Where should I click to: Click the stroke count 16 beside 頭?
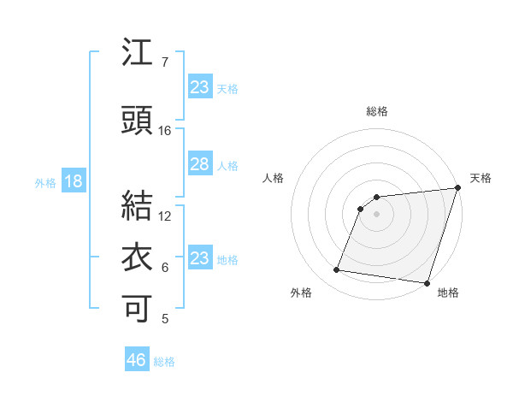pos(165,130)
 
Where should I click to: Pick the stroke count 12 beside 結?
pos(165,216)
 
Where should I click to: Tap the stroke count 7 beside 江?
pos(165,62)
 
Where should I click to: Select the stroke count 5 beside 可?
pos(165,318)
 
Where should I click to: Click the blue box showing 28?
pos(199,164)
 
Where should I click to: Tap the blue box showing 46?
pos(136,360)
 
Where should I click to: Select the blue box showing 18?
pos(73,181)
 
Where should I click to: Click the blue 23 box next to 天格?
pos(199,86)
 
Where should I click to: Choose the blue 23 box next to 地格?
pos(199,257)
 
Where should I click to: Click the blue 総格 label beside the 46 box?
pos(164,362)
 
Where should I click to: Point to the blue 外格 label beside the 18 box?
pos(44,182)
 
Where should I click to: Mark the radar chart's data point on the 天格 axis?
pos(458,189)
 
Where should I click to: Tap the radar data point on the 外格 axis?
pos(337,270)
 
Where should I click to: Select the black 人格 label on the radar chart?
pos(274,178)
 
